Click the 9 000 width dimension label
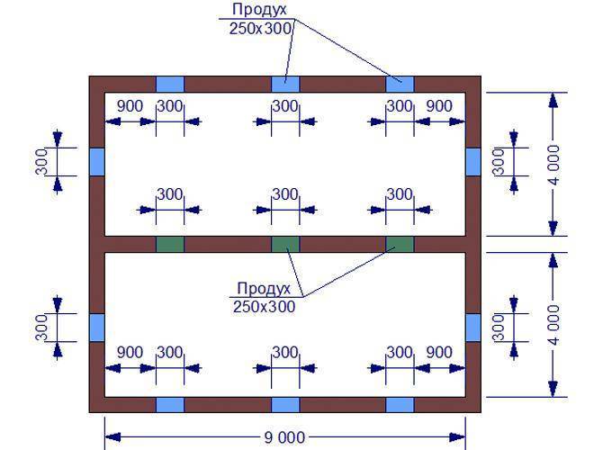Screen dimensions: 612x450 [x=284, y=437]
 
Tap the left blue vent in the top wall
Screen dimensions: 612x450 [x=170, y=85]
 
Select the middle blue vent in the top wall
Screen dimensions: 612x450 [x=285, y=85]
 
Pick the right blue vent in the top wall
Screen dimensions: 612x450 [x=400, y=85]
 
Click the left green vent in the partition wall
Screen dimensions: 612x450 [x=170, y=244]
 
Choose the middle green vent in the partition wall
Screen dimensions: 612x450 [x=285, y=244]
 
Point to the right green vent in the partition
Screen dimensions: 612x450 [x=400, y=244]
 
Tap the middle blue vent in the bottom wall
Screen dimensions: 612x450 [x=285, y=405]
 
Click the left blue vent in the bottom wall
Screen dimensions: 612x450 [x=170, y=405]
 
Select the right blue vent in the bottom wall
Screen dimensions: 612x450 [x=400, y=405]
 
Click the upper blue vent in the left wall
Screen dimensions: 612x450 [x=97, y=162]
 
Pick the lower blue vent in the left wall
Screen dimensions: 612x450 [x=97, y=328]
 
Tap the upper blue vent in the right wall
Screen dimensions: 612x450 [x=473, y=162]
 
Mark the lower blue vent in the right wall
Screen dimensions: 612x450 [x=473, y=328]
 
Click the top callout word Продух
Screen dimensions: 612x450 [x=259, y=10]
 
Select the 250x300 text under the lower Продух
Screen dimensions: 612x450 [x=265, y=307]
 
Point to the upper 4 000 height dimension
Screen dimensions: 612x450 [x=553, y=165]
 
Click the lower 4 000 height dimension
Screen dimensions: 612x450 [x=553, y=325]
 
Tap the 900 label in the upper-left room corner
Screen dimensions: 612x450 [x=130, y=106]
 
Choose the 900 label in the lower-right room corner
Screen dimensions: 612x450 [x=439, y=353]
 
